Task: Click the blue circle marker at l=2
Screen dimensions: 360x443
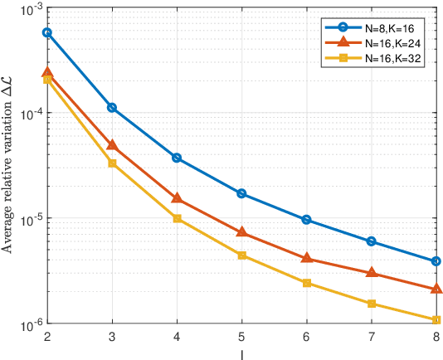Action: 46,32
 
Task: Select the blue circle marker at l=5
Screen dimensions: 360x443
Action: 241,193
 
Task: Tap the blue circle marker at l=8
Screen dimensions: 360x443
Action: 436,261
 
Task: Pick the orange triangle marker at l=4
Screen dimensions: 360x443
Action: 177,198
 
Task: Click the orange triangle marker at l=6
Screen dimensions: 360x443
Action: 307,258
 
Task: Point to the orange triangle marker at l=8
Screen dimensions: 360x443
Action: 436,289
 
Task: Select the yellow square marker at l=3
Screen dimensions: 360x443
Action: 112,163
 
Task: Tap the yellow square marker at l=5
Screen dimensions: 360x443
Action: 241,255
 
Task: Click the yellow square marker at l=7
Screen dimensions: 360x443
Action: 372,304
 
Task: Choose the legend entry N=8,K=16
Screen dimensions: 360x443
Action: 395,28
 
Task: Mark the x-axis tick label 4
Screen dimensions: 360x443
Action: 177,337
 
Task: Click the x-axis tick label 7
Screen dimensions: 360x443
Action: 372,337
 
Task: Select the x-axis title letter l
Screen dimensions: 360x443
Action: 241,352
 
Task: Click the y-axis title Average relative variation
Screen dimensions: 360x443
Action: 8,166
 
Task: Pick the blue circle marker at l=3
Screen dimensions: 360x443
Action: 112,108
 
